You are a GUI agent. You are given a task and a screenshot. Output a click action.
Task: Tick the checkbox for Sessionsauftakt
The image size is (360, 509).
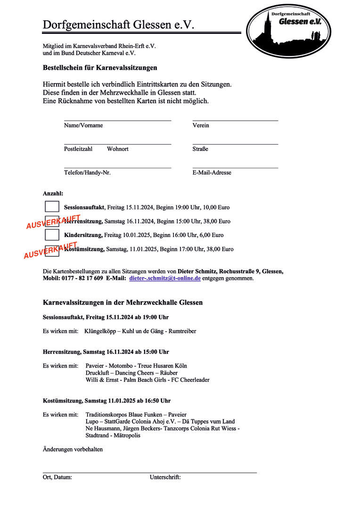tap(52, 206)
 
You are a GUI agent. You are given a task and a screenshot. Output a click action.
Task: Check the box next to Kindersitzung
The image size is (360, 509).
tap(52, 234)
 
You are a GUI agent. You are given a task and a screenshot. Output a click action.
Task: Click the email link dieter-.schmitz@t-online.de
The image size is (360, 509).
tap(165, 279)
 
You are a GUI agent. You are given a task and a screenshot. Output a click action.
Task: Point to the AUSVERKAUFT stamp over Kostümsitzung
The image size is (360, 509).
tap(50, 250)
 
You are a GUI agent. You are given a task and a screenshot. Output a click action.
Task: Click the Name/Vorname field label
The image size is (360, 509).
tap(83, 125)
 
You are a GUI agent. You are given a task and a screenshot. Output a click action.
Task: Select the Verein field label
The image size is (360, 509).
tap(201, 125)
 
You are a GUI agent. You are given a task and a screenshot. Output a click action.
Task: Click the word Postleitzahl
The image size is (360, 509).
tap(78, 149)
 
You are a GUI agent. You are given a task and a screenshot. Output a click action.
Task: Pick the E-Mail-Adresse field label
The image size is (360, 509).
tap(212, 172)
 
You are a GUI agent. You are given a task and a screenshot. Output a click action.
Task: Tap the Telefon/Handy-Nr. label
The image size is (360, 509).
tap(87, 172)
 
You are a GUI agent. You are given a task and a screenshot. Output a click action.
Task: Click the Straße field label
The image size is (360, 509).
tap(200, 149)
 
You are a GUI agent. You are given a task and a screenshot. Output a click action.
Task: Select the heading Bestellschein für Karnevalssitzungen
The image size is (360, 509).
tap(100, 68)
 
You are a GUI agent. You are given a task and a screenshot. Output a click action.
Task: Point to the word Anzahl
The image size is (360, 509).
tap(53, 193)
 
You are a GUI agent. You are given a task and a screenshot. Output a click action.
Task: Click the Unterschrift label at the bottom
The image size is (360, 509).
tap(165, 477)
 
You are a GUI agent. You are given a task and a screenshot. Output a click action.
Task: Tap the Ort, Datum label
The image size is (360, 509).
tap(57, 477)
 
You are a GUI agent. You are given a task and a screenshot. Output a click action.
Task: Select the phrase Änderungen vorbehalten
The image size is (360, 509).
tap(73, 449)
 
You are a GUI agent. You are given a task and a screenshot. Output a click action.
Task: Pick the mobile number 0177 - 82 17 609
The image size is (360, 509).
tap(82, 279)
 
